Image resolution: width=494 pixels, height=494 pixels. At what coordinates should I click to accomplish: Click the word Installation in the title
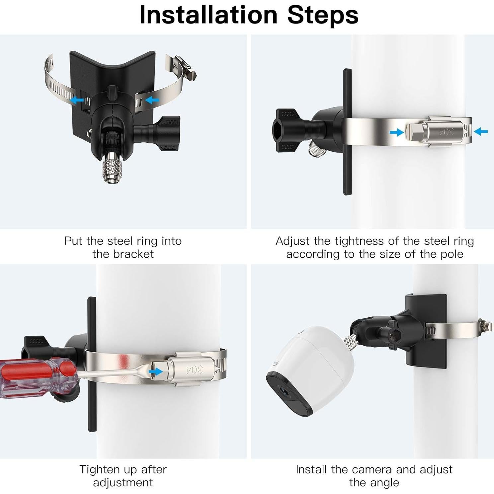(x=208, y=15)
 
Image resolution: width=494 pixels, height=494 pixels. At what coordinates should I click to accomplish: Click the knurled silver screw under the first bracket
(x=112, y=170)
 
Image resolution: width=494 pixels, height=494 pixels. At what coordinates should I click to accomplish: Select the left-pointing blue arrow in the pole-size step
(x=481, y=131)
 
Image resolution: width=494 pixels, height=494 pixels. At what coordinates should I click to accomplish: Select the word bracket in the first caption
(x=133, y=254)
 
